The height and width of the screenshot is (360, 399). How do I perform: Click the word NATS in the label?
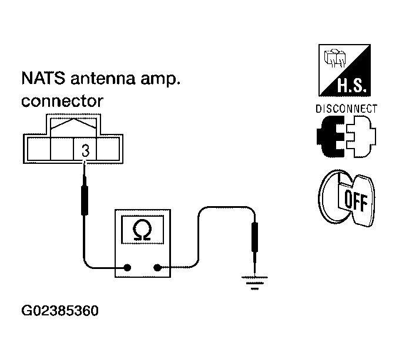(43, 78)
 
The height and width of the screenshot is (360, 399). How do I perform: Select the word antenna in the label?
(103, 79)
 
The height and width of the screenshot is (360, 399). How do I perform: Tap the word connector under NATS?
(62, 101)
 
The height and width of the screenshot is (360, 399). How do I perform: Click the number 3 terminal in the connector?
(86, 150)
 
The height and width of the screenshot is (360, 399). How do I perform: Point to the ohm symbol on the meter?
(142, 230)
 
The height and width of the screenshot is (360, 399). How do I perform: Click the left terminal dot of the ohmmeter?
(128, 267)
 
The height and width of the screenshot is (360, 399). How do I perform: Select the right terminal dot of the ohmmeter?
(157, 267)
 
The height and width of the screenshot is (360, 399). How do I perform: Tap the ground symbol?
(254, 283)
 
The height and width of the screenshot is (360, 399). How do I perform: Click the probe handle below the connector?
(85, 200)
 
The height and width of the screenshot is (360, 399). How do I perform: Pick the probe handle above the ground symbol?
(254, 237)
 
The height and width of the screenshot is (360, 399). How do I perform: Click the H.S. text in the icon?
(352, 85)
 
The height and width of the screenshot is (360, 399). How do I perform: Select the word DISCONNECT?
(346, 109)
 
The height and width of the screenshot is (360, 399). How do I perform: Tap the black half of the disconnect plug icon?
(330, 136)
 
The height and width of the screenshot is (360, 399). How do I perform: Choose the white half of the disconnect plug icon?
(361, 136)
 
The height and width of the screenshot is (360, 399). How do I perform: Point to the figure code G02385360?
(60, 311)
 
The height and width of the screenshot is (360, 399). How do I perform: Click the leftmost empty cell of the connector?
(39, 149)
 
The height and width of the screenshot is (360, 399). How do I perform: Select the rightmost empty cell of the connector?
(108, 149)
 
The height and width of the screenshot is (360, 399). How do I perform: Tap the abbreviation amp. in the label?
(160, 79)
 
